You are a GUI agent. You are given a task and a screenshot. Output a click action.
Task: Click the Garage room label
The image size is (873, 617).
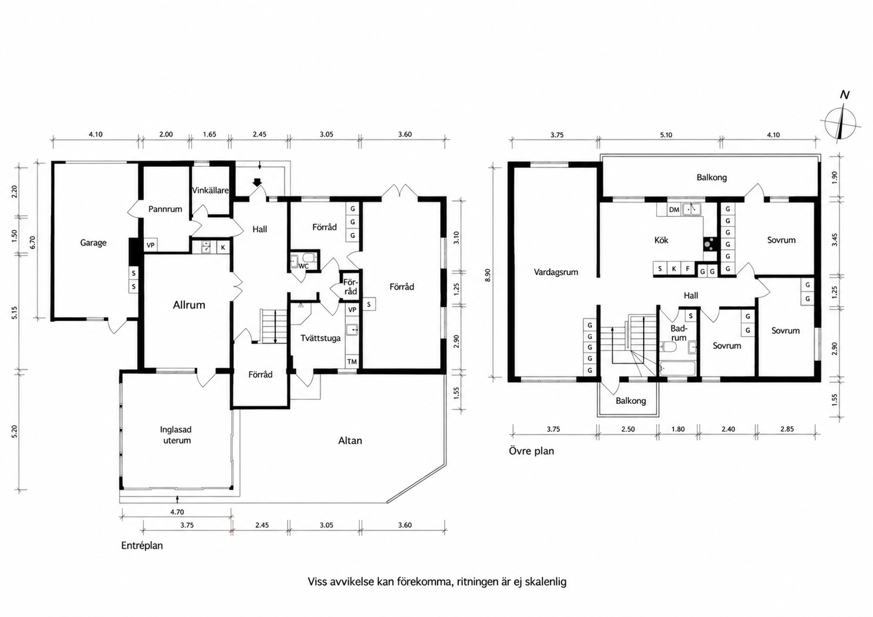pos(93,243)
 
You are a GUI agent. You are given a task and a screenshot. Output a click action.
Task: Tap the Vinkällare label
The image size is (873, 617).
pos(211,190)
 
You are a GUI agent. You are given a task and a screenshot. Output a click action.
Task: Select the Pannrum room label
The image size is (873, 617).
pos(165,209)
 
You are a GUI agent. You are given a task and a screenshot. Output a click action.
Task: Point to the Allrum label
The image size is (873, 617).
pos(189,305)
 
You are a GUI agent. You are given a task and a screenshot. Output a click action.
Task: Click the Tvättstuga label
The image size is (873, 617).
pos(321,338)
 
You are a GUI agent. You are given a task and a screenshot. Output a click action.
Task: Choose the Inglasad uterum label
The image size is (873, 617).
pos(176,435)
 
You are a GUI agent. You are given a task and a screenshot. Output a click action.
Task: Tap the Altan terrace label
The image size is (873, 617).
pos(350,441)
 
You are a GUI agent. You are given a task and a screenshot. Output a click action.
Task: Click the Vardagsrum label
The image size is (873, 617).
pos(556,272)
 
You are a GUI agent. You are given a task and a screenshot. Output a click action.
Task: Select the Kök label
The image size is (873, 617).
pos(661,240)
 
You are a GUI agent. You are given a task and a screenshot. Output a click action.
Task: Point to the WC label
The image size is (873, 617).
pos(304,266)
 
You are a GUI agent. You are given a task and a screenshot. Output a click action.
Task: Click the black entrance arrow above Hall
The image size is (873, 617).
pos(257,183)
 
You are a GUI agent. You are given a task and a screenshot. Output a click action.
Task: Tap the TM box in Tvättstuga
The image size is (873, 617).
pos(352,362)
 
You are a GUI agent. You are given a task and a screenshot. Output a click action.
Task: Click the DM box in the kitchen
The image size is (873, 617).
pos(674,210)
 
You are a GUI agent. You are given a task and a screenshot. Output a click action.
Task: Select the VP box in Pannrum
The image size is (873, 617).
pos(151,245)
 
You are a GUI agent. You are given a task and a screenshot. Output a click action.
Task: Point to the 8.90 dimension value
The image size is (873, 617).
pos(488,275)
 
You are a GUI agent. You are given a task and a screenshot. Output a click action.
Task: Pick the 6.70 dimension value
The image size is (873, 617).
pos(33,242)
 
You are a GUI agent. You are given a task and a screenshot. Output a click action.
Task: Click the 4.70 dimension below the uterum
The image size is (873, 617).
pos(177,512)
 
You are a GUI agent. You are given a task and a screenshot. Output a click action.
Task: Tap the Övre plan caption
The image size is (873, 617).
pos(531,451)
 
